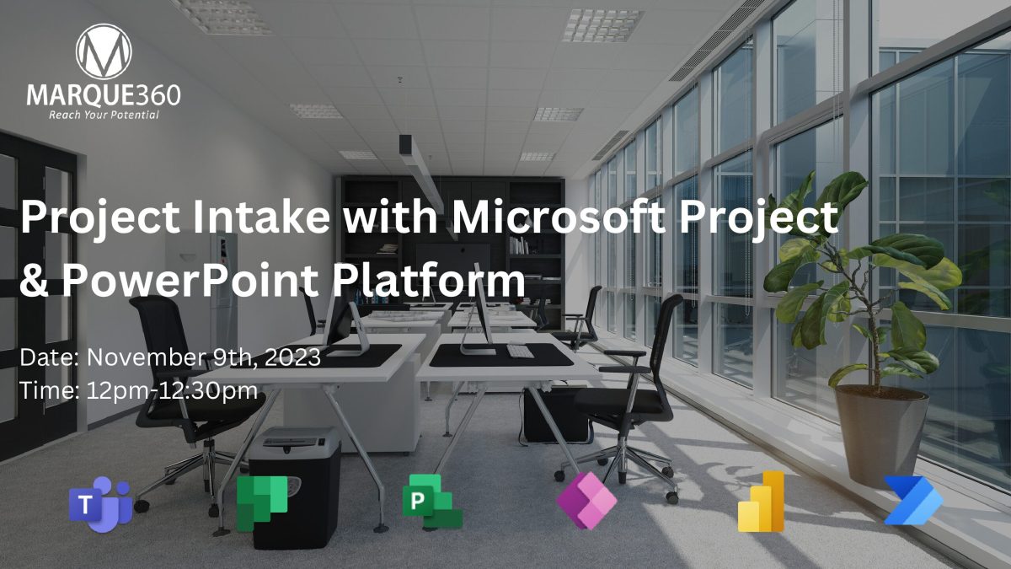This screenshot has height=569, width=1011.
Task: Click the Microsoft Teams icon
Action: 100,502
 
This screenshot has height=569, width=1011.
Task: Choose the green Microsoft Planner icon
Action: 261,502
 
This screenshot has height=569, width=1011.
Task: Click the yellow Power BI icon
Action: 762,502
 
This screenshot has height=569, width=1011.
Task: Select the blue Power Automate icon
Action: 913,502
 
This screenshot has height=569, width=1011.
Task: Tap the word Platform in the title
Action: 446,281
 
